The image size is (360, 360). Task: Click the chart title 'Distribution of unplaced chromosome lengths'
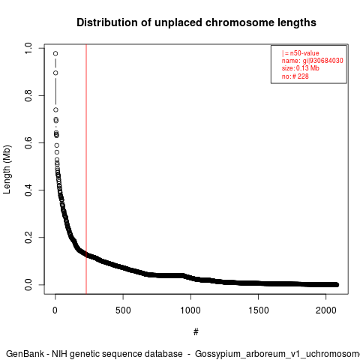196,22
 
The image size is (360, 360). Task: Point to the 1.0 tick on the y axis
28,48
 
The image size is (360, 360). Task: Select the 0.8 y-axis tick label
28,95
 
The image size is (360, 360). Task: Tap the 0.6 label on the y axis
28,142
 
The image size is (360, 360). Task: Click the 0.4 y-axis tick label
28,190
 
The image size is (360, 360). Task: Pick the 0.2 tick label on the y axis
28,237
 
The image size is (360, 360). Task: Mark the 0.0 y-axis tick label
28,285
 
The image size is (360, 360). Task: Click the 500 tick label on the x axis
123,310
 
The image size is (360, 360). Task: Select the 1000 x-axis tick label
190,310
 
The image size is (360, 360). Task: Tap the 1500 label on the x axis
258,310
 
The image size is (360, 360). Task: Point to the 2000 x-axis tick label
325,310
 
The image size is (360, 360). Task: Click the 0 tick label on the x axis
55,310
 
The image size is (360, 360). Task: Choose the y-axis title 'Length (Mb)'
7,169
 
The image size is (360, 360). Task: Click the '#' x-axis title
196,332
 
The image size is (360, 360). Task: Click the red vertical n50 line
86,169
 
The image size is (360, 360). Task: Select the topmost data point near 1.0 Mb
55,53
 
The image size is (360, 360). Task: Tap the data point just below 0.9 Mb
55,73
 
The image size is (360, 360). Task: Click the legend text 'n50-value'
304,53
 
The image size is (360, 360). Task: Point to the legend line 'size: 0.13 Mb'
301,68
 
